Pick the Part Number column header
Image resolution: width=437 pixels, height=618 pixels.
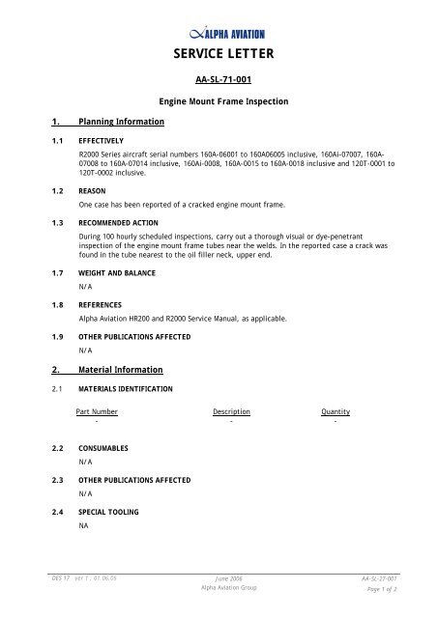[97, 412]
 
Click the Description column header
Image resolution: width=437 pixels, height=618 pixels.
[231, 412]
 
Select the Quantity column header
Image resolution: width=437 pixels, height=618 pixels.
[335, 412]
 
